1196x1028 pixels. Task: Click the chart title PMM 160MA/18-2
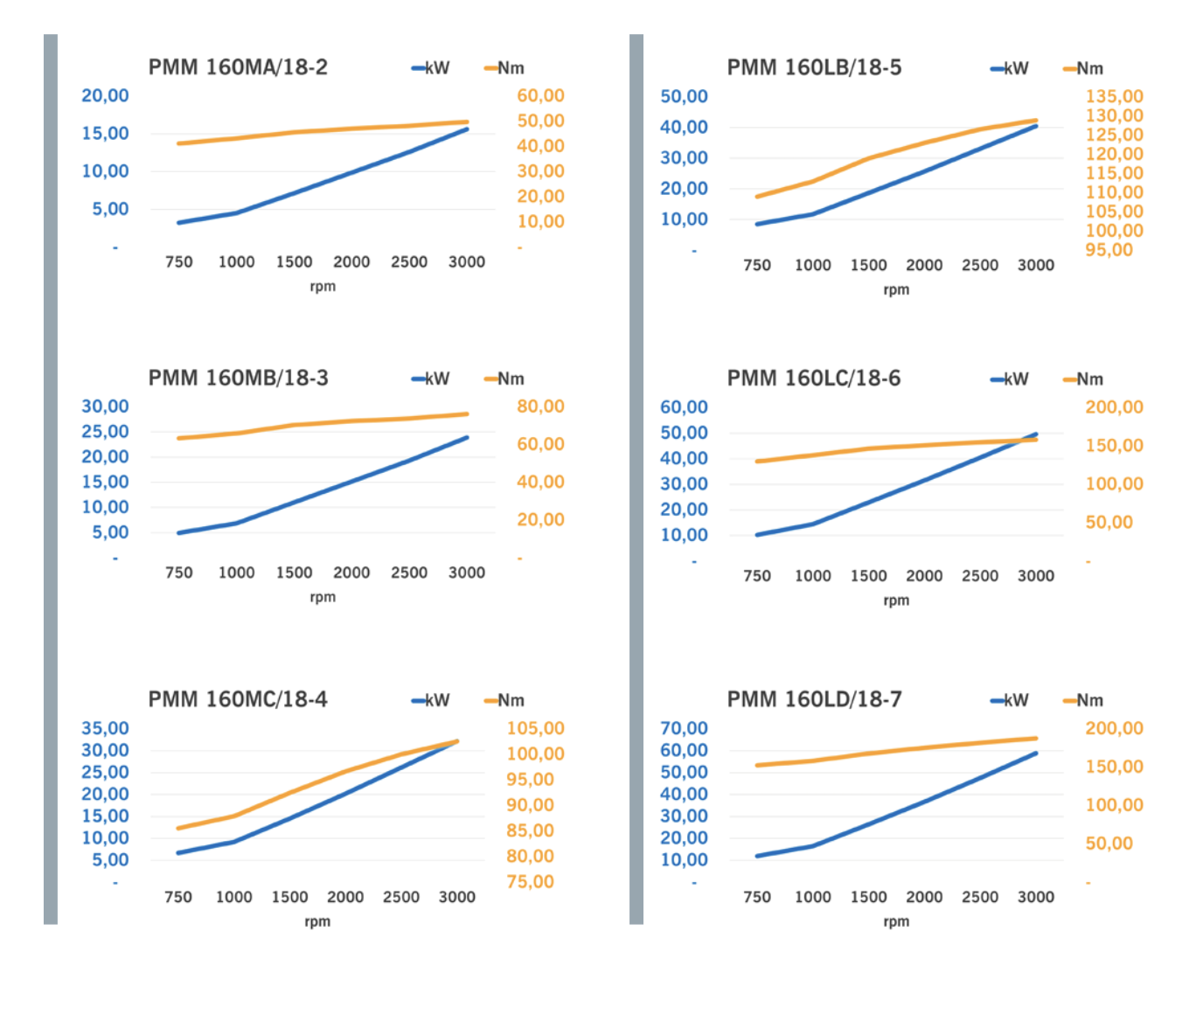[238, 67]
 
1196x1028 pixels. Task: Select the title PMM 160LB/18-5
[814, 67]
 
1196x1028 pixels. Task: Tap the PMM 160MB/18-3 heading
[238, 378]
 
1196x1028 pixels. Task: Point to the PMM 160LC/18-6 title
[814, 378]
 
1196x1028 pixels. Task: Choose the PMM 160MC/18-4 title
[238, 699]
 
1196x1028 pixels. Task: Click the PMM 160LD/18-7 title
[814, 699]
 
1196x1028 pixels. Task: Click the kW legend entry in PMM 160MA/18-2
[431, 68]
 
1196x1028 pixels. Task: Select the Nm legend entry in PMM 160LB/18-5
[1083, 68]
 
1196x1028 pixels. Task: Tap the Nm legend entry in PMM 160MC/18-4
[504, 700]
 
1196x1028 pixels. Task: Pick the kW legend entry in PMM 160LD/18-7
[1010, 700]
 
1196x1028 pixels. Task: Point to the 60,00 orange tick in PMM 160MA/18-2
[540, 95]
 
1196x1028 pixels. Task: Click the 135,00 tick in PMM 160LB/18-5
[1114, 96]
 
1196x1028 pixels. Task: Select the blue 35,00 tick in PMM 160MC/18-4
[105, 728]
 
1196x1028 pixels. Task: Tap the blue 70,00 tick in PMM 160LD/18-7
[684, 728]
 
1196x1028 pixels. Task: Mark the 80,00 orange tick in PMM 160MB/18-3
[540, 406]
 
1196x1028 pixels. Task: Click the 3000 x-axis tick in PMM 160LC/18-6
[1035, 576]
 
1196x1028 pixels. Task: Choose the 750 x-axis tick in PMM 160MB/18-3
[178, 573]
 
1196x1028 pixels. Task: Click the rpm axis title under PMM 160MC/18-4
[317, 921]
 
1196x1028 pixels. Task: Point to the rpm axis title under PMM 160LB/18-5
[896, 289]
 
